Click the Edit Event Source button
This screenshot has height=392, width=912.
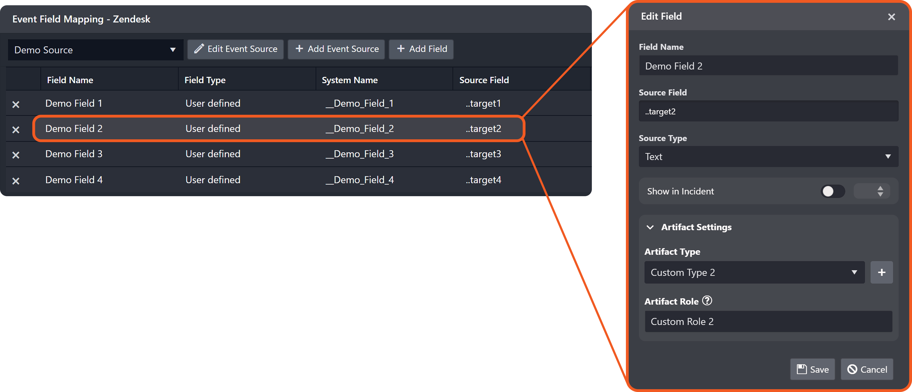[235, 49]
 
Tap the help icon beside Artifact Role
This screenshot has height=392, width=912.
[707, 301]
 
